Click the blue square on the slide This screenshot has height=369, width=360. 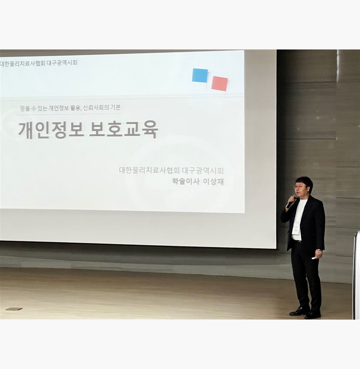200,75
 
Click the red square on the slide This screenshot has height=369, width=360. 220,83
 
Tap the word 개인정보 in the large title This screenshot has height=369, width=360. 51,130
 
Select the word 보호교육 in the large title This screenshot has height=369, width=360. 123,129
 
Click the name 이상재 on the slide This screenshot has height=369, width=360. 213,182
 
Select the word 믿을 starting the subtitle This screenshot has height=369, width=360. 25,109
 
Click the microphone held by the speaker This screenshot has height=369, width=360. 291,202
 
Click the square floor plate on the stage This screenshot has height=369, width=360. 14,309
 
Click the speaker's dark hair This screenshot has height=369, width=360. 304,182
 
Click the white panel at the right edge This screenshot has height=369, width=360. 357,275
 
